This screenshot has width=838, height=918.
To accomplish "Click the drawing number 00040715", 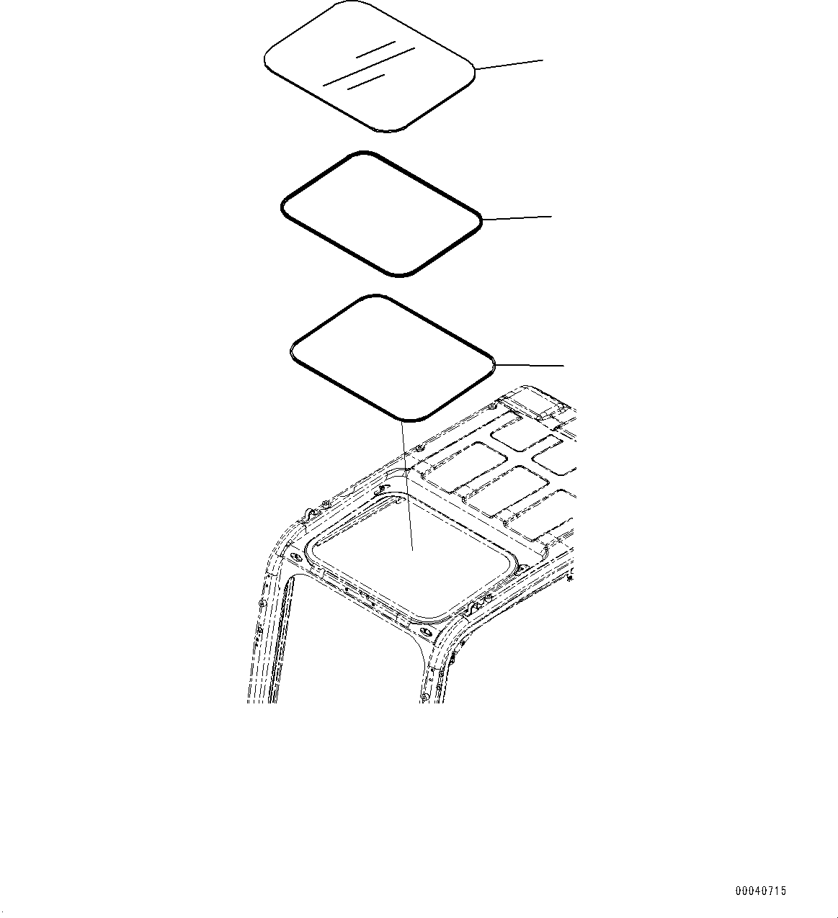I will click(760, 891).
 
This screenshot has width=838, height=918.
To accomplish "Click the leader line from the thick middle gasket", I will click(517, 217).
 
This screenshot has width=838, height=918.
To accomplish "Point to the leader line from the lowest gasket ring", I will click(530, 364).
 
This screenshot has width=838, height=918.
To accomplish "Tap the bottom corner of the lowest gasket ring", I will click(411, 417).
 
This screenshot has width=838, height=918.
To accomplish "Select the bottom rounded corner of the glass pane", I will click(389, 130).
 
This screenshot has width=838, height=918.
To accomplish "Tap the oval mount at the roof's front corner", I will click(427, 635).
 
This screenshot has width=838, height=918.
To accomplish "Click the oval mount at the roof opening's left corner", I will click(293, 556).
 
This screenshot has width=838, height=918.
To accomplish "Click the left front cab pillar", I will click(268, 641).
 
